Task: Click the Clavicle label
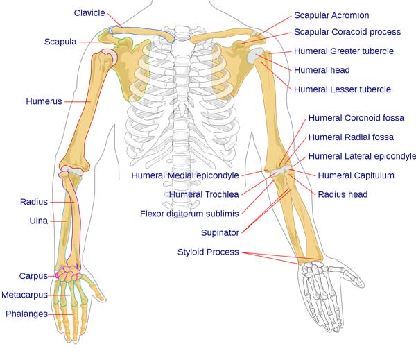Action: (x=89, y=12)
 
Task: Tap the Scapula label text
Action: (x=60, y=42)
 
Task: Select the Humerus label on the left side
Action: (x=44, y=101)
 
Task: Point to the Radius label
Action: (x=34, y=202)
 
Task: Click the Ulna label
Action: (x=38, y=221)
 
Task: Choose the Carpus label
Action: (x=33, y=276)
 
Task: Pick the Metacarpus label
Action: (x=24, y=295)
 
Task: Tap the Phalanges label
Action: (x=26, y=314)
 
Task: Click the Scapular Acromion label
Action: (x=331, y=15)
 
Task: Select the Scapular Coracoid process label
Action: (x=347, y=32)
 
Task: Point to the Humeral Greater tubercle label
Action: (x=344, y=51)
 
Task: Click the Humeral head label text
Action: (x=322, y=70)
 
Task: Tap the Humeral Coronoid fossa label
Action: (x=356, y=118)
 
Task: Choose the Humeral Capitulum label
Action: (x=356, y=175)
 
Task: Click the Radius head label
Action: (x=343, y=194)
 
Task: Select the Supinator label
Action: (x=220, y=232)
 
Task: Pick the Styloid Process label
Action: (x=208, y=252)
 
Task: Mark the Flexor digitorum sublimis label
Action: (x=189, y=214)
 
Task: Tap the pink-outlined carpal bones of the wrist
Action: (x=68, y=273)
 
